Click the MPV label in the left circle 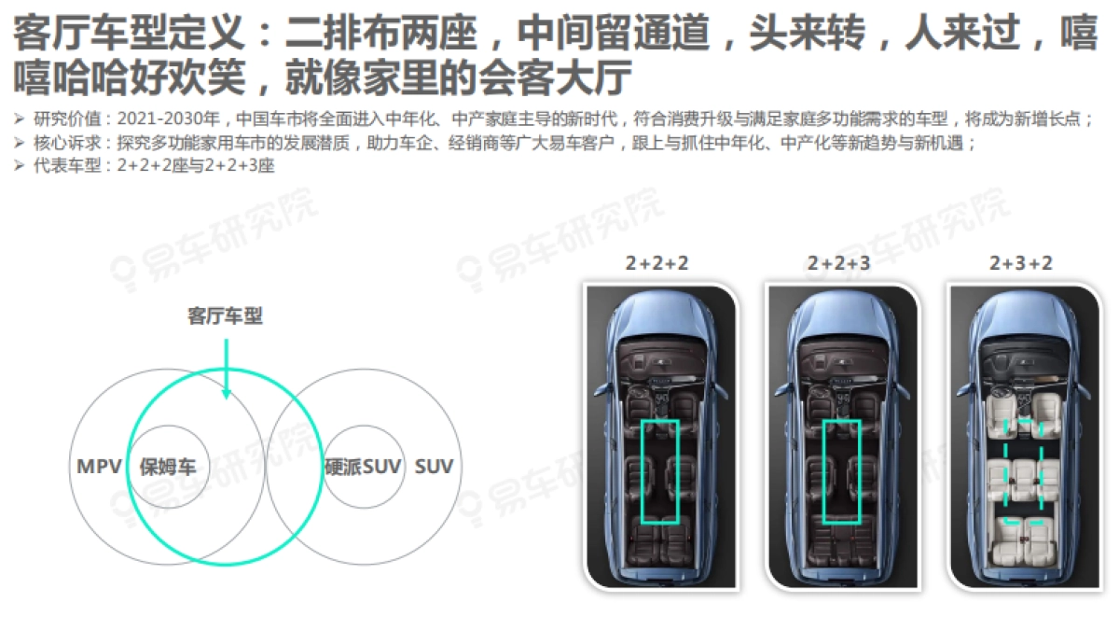(x=99, y=467)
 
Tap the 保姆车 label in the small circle (x=168, y=467)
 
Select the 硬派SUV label (x=363, y=467)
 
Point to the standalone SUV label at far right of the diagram (x=434, y=467)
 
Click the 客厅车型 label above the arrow (x=225, y=316)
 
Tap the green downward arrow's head (x=227, y=394)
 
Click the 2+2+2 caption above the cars (x=656, y=263)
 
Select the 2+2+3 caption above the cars (x=838, y=263)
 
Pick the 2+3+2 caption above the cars (x=1021, y=263)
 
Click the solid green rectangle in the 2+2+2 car (x=642, y=472)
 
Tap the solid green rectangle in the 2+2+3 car (x=823, y=472)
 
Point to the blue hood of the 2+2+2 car (x=659, y=316)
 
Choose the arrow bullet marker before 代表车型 (x=19, y=165)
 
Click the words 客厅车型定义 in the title (x=129, y=33)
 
